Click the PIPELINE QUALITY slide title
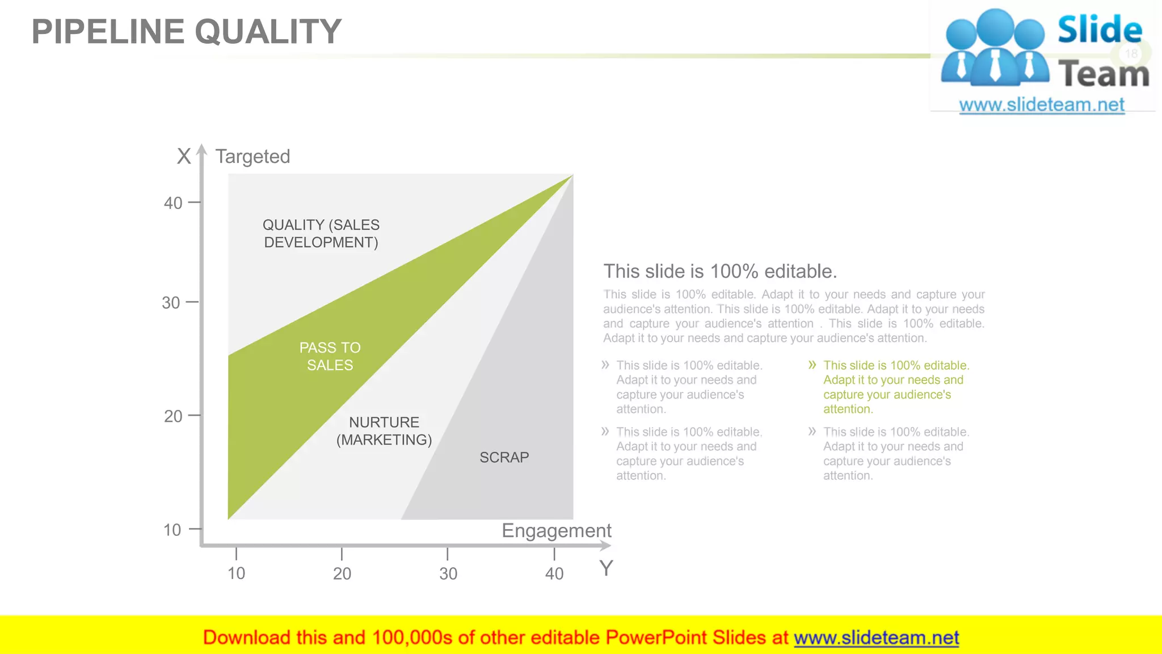point(186,32)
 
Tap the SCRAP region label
point(504,458)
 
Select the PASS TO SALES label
point(330,357)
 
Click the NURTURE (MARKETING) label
point(384,431)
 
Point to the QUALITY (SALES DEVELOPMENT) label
point(321,234)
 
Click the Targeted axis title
point(252,157)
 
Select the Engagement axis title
point(556,531)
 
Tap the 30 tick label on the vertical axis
point(171,303)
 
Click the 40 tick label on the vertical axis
point(173,203)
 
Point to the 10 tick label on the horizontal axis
point(236,574)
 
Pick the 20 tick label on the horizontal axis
point(342,574)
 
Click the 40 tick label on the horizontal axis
point(554,574)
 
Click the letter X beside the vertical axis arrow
point(184,156)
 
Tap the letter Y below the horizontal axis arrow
point(606,568)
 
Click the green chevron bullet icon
point(812,365)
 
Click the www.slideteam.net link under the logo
point(1042,105)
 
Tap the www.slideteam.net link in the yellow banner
point(876,638)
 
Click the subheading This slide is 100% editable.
point(720,271)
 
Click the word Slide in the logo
point(1100,30)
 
